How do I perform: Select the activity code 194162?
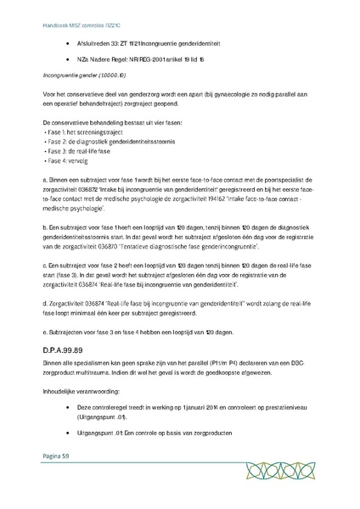point(218,195)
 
